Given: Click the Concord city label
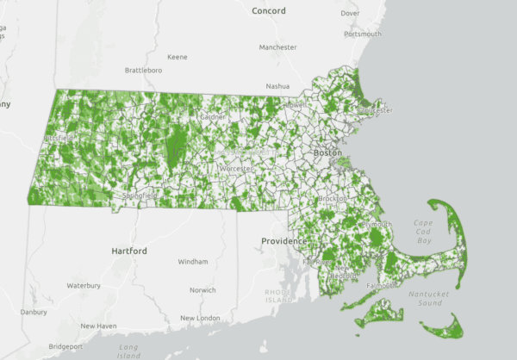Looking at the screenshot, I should [x=268, y=10].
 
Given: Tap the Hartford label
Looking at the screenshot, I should [x=129, y=251].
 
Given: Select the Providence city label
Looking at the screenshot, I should [x=286, y=242].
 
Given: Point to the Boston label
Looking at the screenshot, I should [x=327, y=152].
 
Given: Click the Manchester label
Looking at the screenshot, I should [x=277, y=47].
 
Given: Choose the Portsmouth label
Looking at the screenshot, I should [x=362, y=34].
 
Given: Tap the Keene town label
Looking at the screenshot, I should [x=178, y=57].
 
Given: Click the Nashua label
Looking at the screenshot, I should [x=277, y=86].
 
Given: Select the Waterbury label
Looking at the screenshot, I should [x=84, y=285].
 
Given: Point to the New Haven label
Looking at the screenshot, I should [x=98, y=326].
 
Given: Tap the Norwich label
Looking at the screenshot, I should [x=203, y=290].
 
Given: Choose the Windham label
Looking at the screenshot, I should [x=193, y=261].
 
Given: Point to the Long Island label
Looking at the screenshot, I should [x=129, y=351].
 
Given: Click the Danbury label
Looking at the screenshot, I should [x=34, y=311].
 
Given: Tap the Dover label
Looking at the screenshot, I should [x=350, y=13].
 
